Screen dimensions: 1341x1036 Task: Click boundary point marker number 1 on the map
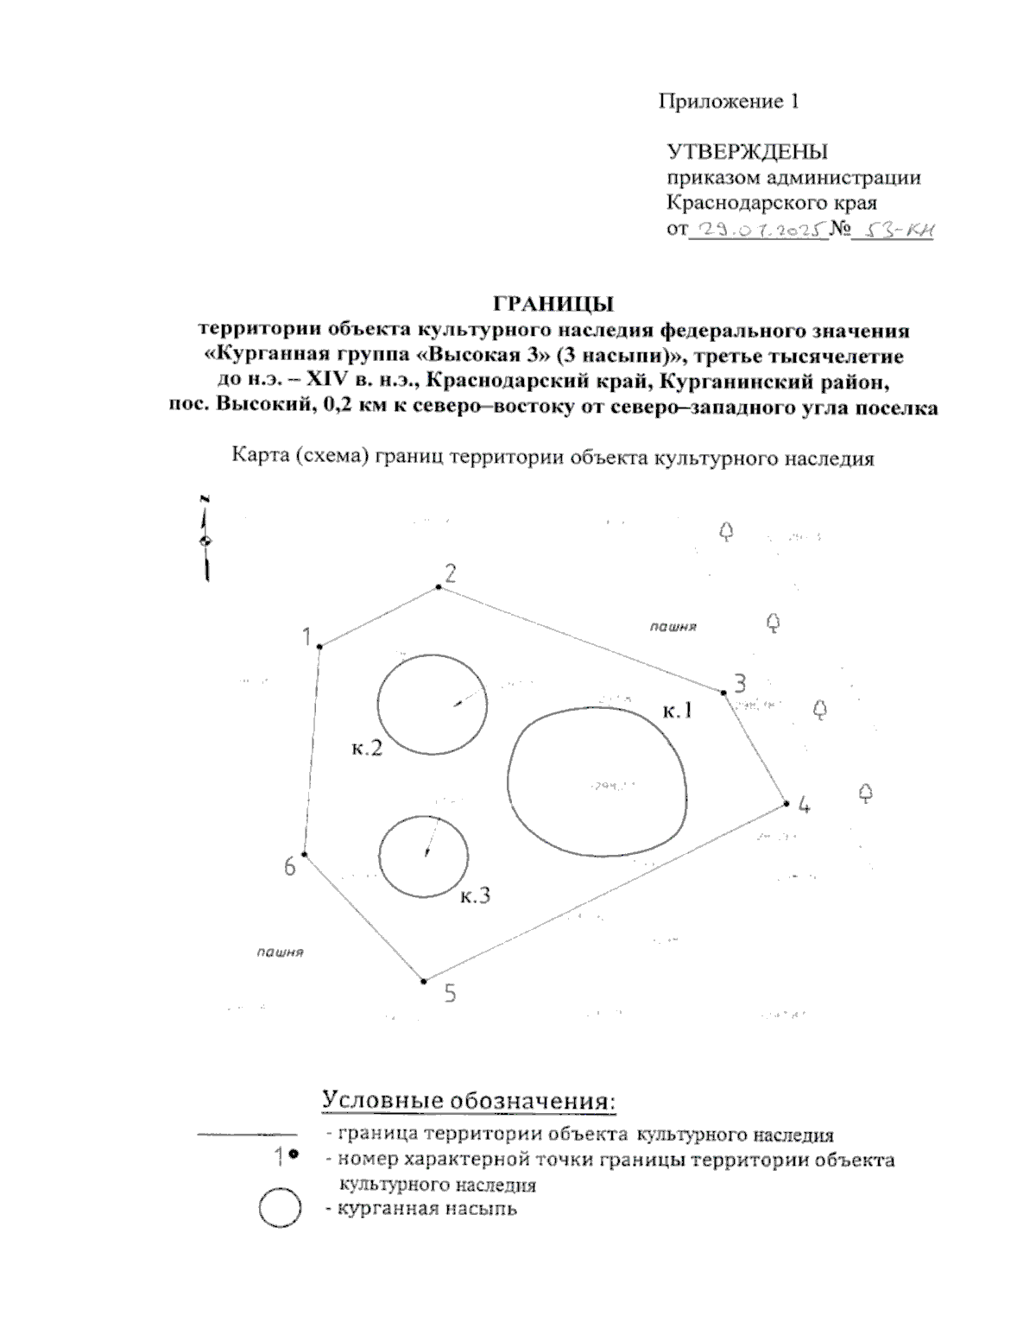(x=319, y=646)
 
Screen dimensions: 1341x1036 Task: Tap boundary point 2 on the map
(x=439, y=587)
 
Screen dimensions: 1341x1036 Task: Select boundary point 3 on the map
(x=723, y=692)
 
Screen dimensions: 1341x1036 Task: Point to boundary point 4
(x=786, y=804)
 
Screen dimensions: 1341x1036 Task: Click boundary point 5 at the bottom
(x=424, y=981)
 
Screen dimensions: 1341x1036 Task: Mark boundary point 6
(x=304, y=855)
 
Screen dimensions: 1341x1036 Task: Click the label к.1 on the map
(x=678, y=712)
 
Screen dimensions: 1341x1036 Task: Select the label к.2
(x=367, y=749)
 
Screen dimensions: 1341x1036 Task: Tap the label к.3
(x=475, y=896)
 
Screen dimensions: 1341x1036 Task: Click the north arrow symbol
(x=205, y=541)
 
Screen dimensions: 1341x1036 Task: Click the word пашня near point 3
(x=673, y=626)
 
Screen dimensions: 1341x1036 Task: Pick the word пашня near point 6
(x=280, y=952)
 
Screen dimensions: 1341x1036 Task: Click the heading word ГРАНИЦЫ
(x=553, y=303)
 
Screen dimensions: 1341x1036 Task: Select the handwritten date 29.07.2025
(x=756, y=230)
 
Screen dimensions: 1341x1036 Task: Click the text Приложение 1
(x=730, y=102)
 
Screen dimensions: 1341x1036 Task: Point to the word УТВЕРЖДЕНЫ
(x=748, y=152)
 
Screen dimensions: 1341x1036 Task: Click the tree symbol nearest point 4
(x=866, y=793)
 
